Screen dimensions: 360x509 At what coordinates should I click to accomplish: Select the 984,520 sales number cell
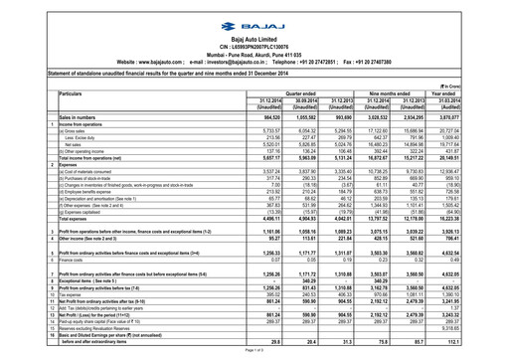click(233, 117)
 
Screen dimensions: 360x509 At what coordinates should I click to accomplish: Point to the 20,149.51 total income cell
click(475, 156)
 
